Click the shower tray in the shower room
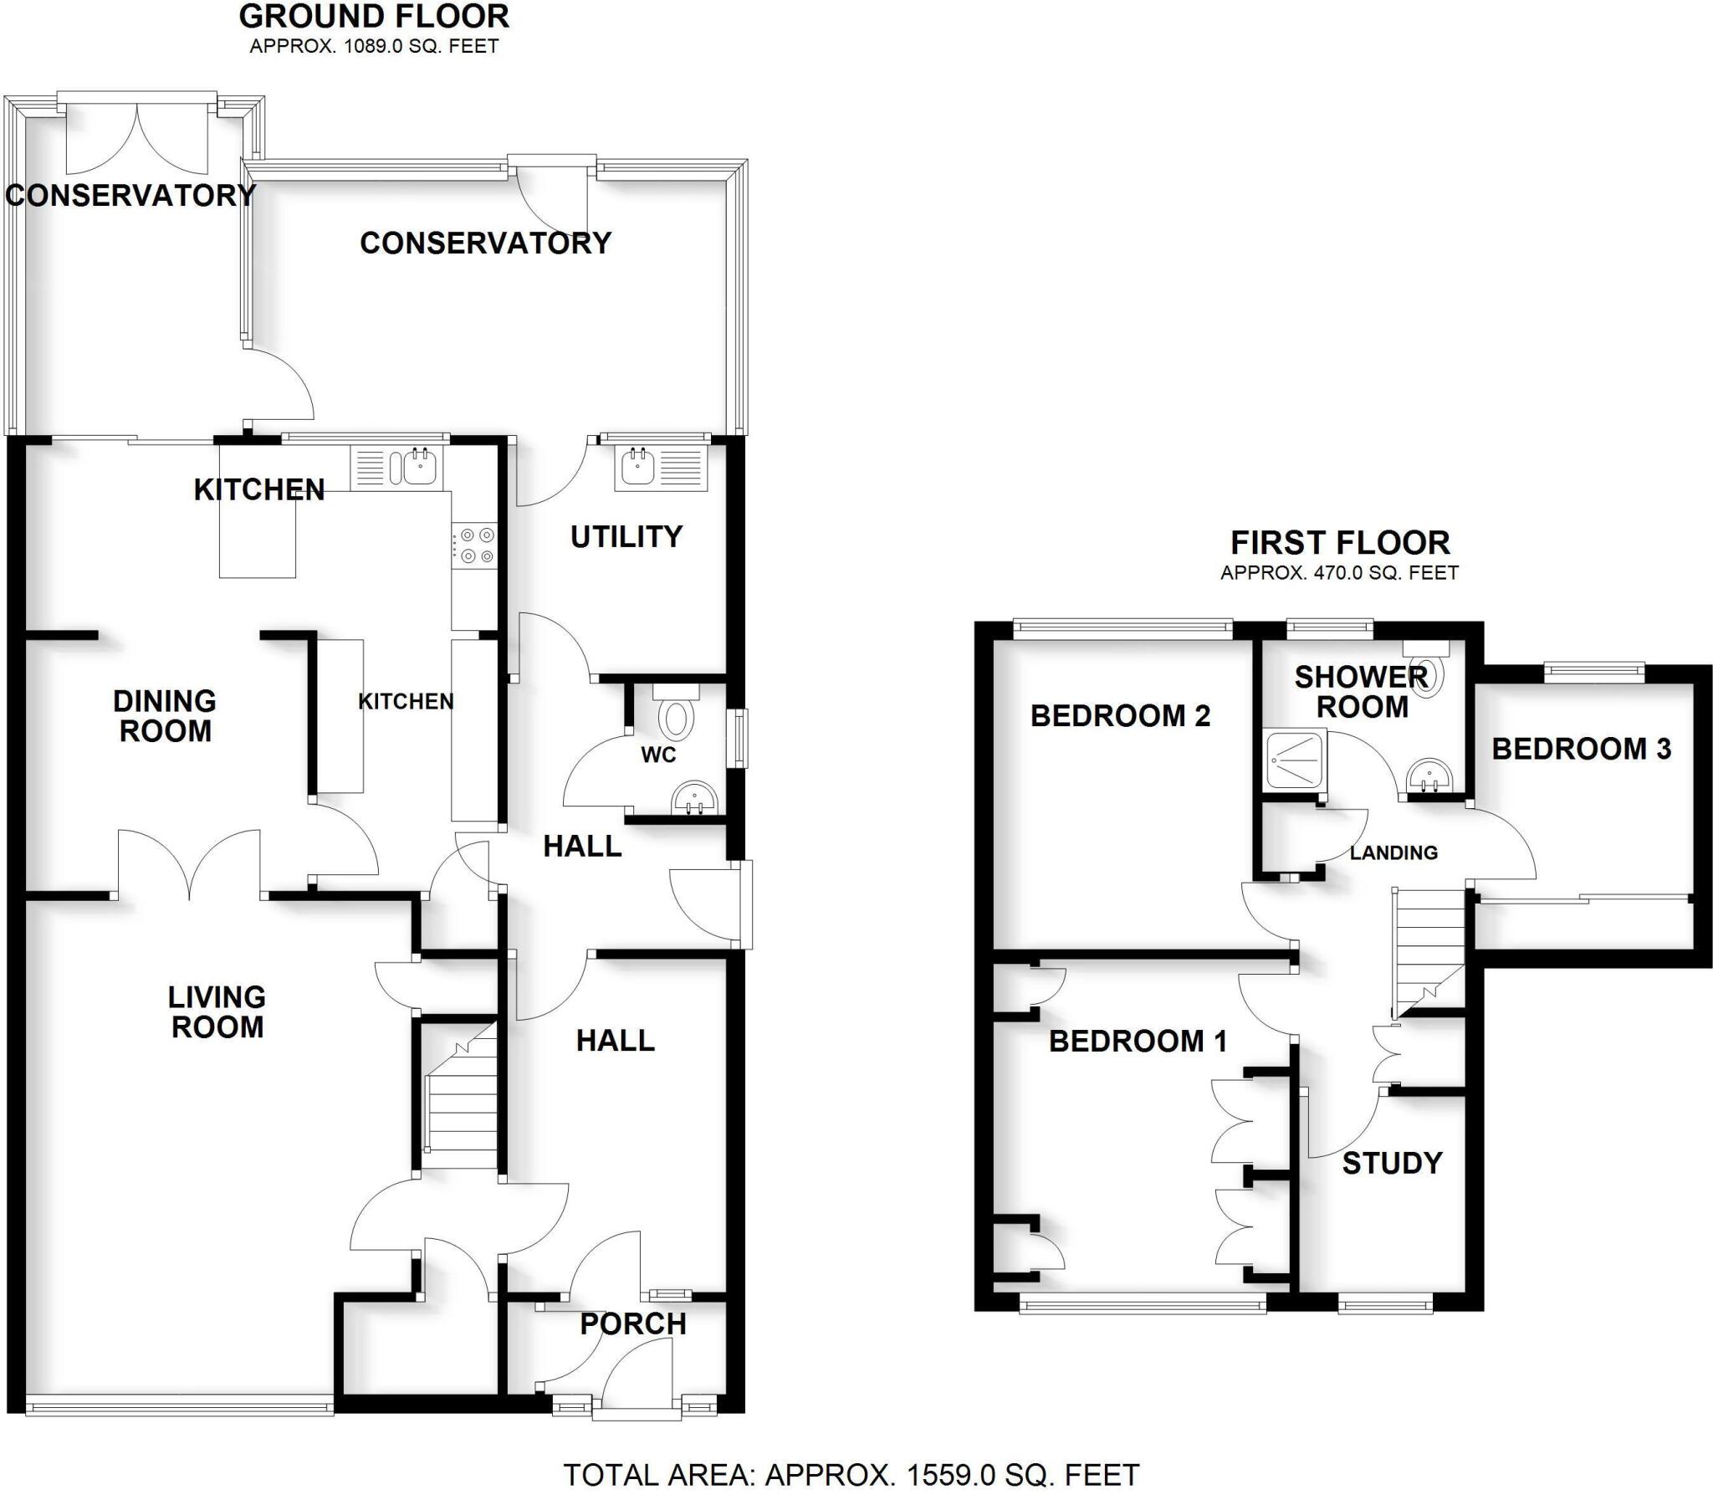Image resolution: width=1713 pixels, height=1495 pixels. pyautogui.click(x=1295, y=760)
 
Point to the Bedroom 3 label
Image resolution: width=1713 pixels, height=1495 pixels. pyautogui.click(x=1581, y=749)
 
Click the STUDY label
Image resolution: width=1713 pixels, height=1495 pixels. pyautogui.click(x=1392, y=1163)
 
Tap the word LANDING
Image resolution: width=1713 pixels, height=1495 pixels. pyautogui.click(x=1393, y=852)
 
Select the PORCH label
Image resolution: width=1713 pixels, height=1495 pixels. pyautogui.click(x=633, y=1323)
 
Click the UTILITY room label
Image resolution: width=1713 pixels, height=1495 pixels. pyautogui.click(x=626, y=536)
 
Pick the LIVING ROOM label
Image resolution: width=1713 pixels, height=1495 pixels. pyautogui.click(x=217, y=1011)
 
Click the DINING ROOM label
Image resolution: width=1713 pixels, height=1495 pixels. pyautogui.click(x=165, y=715)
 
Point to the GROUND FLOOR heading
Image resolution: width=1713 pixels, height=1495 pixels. pyautogui.click(x=374, y=17)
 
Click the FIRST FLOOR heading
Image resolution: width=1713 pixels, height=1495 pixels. pyautogui.click(x=1340, y=543)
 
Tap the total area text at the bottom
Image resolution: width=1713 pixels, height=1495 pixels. pyautogui.click(x=851, y=1474)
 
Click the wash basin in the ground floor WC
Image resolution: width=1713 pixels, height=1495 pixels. pyautogui.click(x=695, y=797)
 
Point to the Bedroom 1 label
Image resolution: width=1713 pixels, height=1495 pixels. pyautogui.click(x=1138, y=1041)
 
